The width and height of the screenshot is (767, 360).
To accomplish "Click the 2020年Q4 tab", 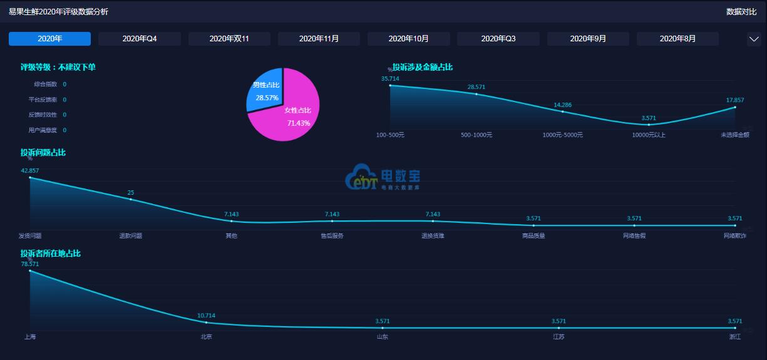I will pos(140,39).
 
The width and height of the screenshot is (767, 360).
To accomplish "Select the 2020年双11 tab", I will pos(229,39).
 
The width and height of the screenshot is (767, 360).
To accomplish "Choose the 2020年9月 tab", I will pos(588,39).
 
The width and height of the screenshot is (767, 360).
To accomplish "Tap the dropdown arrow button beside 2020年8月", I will pos(754,39).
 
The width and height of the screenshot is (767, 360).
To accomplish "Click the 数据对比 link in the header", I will pos(741,11).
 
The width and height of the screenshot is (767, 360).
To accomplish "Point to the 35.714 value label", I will pos(390,78).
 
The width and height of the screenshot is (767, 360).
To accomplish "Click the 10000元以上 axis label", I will pos(649,135).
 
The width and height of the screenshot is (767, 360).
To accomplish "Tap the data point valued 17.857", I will pos(735,107).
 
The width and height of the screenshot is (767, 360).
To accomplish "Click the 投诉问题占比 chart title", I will pos(43,152).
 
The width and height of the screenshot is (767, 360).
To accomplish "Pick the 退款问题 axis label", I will pos(131,236).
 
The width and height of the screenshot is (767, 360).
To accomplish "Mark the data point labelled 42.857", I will pos(30,178).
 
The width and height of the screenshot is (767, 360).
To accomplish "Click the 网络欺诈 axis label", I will pos(734,236).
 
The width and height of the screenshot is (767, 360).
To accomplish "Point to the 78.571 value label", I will pos(30,264).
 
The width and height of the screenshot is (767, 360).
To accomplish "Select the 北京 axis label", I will pos(206,337).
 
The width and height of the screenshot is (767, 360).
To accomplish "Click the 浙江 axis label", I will pos(734,337).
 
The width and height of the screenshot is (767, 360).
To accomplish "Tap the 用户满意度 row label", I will pos(43,130).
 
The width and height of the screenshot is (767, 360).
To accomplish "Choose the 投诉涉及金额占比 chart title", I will pos(422,67).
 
